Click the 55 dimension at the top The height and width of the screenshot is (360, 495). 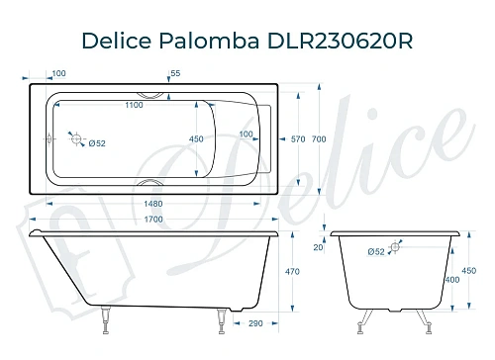click(175, 73)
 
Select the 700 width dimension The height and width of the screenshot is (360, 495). click(319, 139)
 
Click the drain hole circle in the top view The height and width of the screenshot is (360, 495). click(73, 139)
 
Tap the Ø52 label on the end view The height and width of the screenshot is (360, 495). click(375, 252)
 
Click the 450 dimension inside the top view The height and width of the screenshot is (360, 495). click(196, 139)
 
